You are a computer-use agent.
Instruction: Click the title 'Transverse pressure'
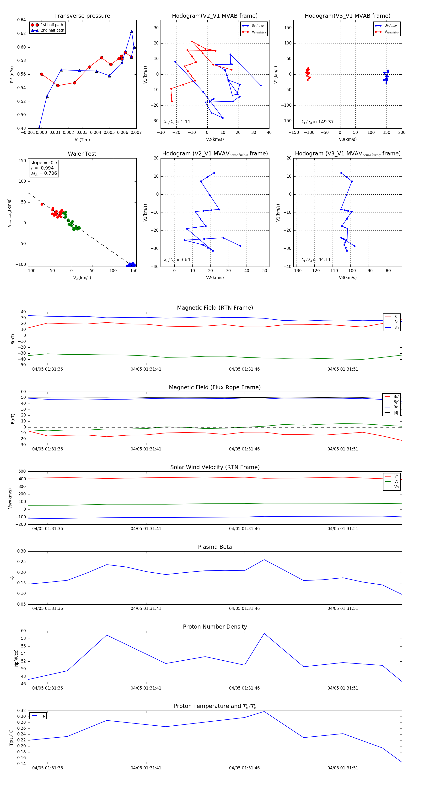coord(82,16)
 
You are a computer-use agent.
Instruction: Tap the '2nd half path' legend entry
coord(52,30)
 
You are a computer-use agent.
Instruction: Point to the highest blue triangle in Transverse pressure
coord(132,32)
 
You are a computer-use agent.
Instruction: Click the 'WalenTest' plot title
coord(82,154)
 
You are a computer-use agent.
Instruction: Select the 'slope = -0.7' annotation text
coord(44,163)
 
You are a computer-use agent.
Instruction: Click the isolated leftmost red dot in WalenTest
coord(42,204)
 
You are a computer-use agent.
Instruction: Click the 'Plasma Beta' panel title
coord(215,547)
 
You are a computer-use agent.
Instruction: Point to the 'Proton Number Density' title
coord(215,627)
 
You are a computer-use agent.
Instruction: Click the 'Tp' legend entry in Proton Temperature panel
coord(43,716)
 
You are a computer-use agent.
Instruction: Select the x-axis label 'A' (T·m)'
coord(82,140)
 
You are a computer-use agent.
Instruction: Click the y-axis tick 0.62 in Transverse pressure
coord(21,33)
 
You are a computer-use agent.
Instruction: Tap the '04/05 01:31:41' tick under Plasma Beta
coord(146,608)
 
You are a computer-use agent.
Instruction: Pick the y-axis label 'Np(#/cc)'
coord(16,658)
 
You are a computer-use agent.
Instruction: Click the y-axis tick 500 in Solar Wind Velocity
coord(22,471)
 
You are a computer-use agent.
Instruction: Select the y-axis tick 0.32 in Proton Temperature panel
coord(21,711)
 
